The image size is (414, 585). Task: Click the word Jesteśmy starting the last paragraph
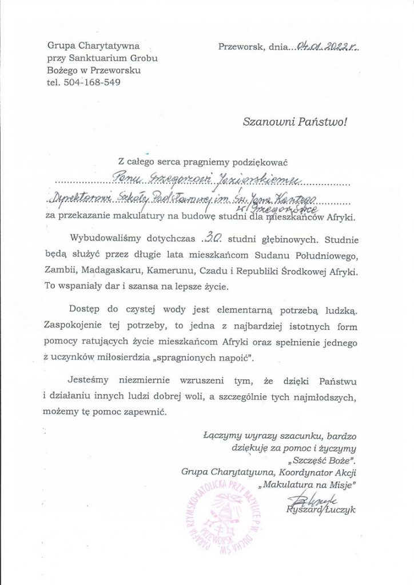[92, 380]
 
